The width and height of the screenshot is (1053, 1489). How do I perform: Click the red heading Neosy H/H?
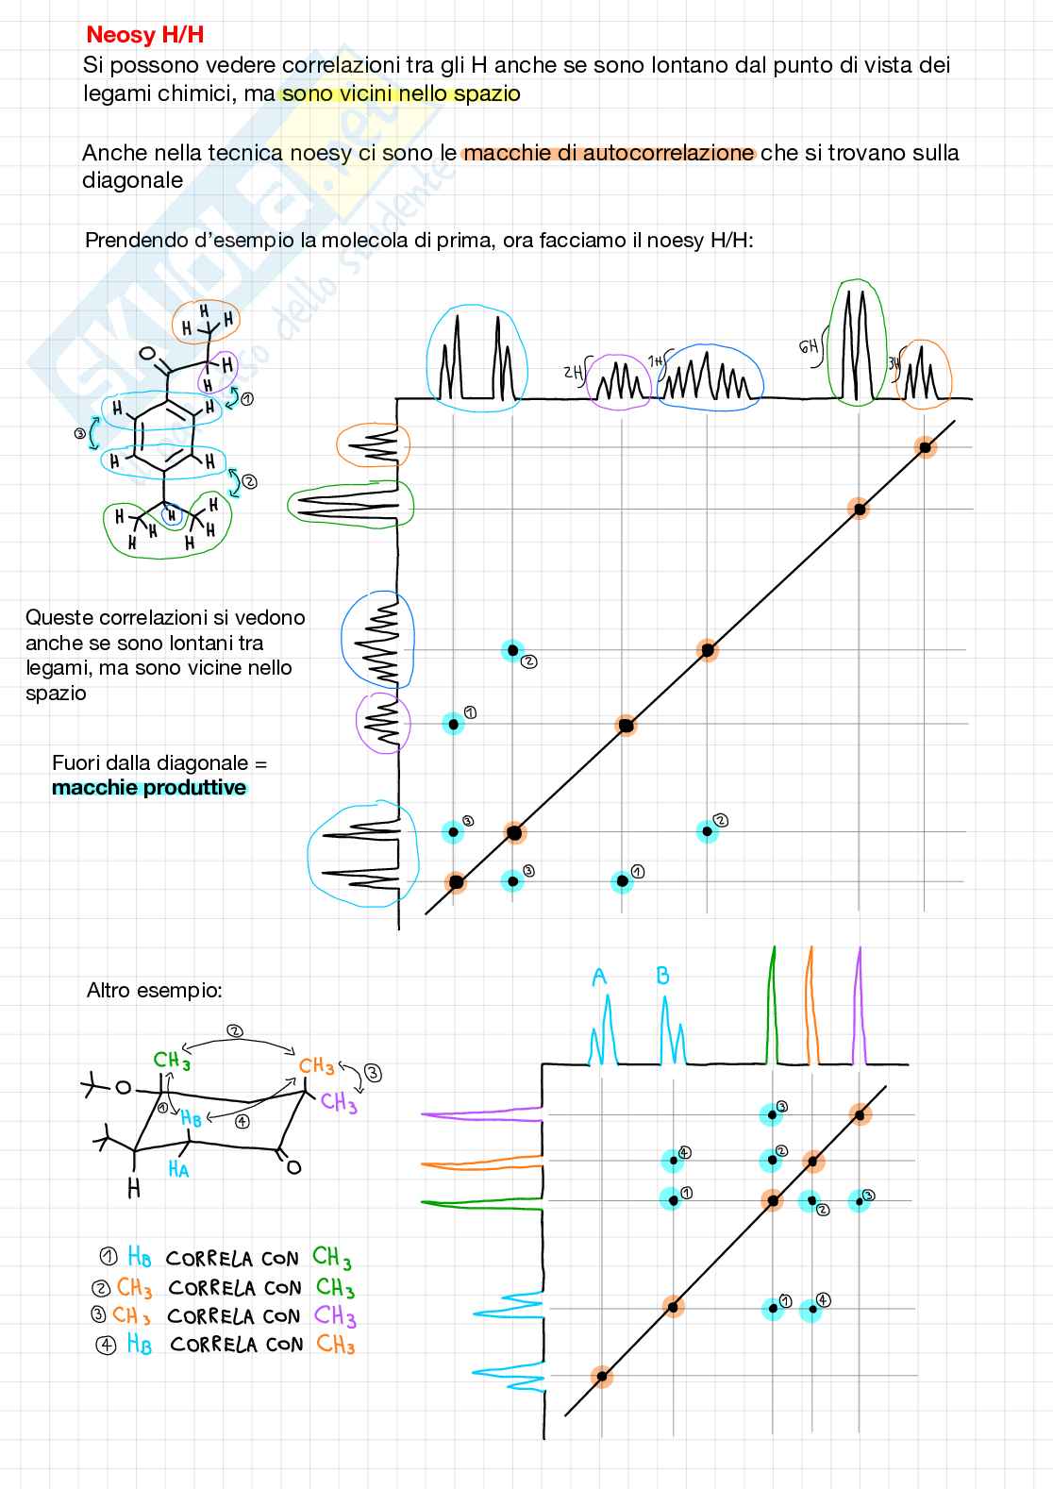(x=144, y=35)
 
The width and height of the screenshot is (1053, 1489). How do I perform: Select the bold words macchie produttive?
(x=149, y=788)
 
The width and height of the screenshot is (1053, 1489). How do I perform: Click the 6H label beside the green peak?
(x=809, y=346)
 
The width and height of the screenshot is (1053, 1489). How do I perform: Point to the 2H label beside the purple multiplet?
(x=573, y=372)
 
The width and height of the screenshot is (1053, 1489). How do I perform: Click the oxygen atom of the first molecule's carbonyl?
(x=146, y=355)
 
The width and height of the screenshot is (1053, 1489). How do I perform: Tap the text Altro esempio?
(x=154, y=991)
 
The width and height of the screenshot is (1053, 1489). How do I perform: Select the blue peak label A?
(x=599, y=978)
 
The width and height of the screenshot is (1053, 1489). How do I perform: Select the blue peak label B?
(x=662, y=976)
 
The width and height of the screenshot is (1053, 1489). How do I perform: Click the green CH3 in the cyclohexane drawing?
(x=173, y=1061)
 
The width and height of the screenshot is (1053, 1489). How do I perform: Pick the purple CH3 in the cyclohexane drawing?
(x=338, y=1101)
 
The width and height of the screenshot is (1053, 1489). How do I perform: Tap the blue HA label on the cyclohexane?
(x=178, y=1169)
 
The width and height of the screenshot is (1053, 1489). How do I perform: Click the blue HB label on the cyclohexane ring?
(x=191, y=1118)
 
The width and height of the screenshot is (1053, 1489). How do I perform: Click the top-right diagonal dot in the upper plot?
(x=926, y=447)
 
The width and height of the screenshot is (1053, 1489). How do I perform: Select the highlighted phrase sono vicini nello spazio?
(x=401, y=94)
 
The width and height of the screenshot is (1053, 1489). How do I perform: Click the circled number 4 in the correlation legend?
(x=107, y=1346)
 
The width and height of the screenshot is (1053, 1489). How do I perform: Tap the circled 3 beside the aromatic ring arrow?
(x=80, y=433)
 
